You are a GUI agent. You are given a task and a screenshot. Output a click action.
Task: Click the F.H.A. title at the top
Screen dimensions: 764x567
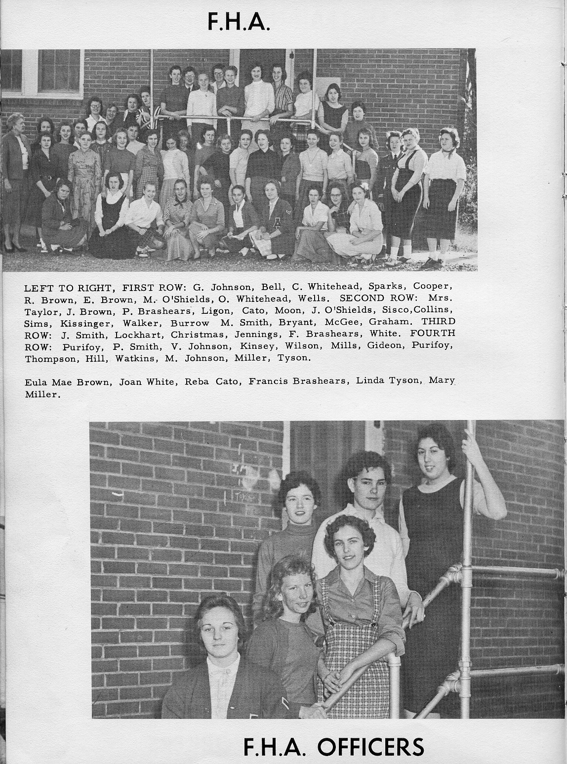[239, 22]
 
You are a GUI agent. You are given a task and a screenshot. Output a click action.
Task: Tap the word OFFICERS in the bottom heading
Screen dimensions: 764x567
[370, 747]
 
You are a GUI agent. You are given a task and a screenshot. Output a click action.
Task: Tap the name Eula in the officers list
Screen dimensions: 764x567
[36, 381]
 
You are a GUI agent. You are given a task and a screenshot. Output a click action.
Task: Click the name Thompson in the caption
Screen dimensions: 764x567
[50, 359]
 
